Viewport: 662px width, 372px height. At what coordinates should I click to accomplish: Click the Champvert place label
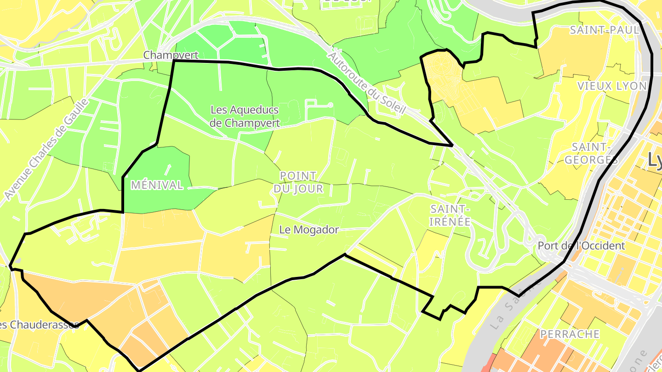tap(171, 55)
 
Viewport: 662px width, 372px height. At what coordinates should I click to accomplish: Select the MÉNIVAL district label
tap(157, 185)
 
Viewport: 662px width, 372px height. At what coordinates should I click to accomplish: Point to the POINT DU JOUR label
tap(298, 182)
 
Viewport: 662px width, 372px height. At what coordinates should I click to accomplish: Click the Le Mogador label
tap(309, 230)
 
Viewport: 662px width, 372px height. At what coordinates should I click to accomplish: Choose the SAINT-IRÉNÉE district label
tap(450, 215)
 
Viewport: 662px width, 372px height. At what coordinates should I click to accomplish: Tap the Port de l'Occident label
tap(581, 246)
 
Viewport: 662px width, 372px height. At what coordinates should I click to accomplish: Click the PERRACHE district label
tap(570, 334)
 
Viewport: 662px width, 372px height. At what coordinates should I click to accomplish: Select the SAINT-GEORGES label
tap(591, 153)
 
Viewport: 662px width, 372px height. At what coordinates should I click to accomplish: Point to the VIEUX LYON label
tap(611, 86)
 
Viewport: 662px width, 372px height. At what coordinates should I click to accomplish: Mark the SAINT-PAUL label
tap(604, 30)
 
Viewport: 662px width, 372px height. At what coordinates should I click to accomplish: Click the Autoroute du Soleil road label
tap(367, 83)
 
